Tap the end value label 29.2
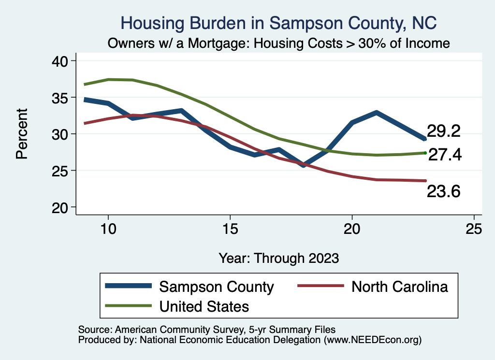443,130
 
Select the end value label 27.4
445,154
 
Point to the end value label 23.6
443,191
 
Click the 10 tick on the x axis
108,229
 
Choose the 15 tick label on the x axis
230,229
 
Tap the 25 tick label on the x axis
474,229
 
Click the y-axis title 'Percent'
21,134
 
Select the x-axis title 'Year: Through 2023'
278,258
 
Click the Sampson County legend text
217,287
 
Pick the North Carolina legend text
400,287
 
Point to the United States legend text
204,306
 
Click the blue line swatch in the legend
128,287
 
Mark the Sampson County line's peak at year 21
376,113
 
